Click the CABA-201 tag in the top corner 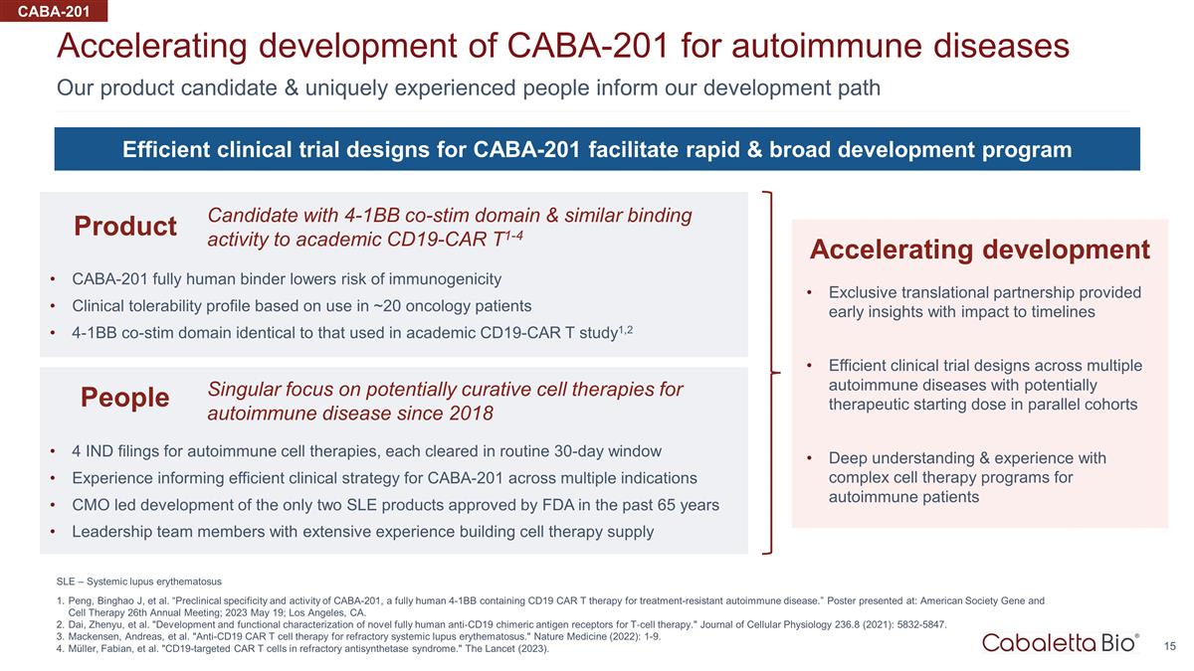pos(54,11)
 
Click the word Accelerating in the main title pos(152,47)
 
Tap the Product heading pos(125,226)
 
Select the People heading pos(124,398)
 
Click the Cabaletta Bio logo pos(1061,643)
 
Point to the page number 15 pos(1170,646)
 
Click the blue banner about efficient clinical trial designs pos(597,149)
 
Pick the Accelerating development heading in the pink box pos(980,250)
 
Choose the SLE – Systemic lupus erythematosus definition pos(139,582)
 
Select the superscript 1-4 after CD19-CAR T pos(513,235)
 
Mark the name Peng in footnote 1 pos(78,601)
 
